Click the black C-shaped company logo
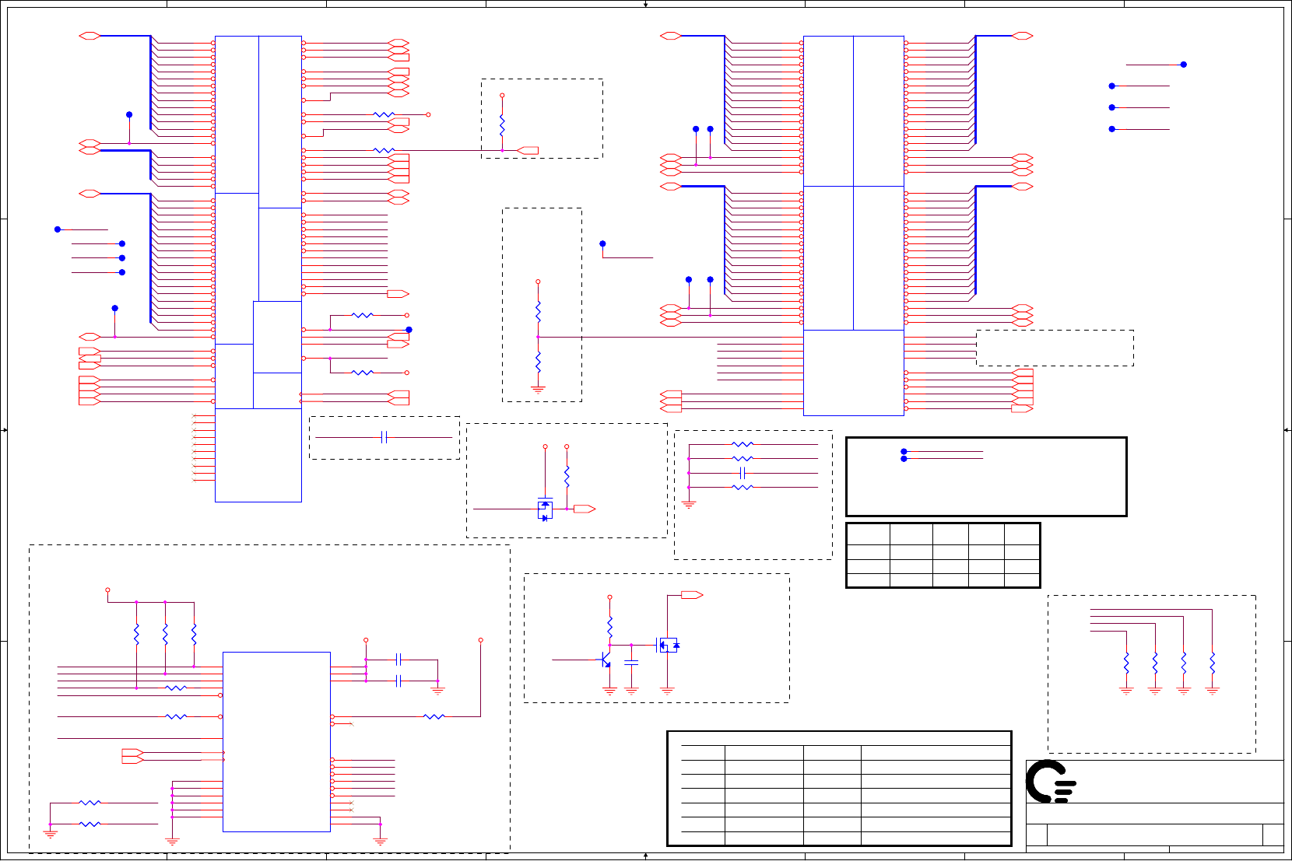point(1050,782)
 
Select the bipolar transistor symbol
point(605,660)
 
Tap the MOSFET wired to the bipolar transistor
point(668,645)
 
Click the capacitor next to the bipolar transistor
point(631,663)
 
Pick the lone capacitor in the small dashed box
point(384,437)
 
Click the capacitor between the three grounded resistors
point(743,473)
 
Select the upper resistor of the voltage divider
point(538,312)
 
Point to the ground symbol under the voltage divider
point(538,388)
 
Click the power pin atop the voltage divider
point(538,282)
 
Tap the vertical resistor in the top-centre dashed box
point(502,124)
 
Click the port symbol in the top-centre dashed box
point(528,150)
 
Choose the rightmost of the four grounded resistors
point(1212,663)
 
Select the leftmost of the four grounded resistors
point(1126,663)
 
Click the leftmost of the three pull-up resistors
point(136,635)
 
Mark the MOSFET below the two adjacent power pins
point(545,510)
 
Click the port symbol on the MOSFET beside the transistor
point(691,595)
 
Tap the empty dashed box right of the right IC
point(1055,348)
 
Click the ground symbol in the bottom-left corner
point(51,834)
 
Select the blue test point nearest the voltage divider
point(602,244)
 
